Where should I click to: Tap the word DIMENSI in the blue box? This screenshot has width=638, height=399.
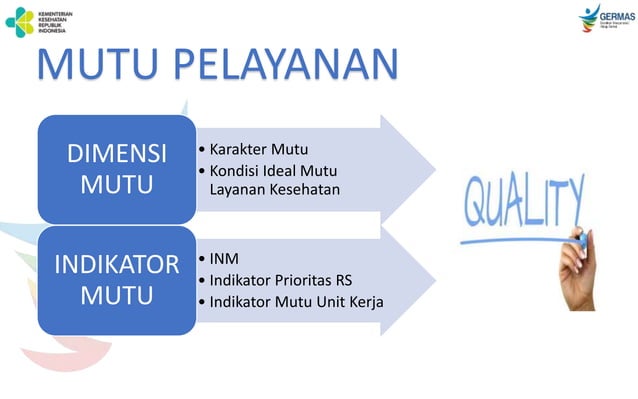pyautogui.click(x=116, y=155)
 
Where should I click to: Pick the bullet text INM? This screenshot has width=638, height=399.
pyautogui.click(x=224, y=259)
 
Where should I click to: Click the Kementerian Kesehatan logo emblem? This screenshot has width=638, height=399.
pyautogui.click(x=19, y=21)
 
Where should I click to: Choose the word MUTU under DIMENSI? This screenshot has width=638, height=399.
pyautogui.click(x=116, y=185)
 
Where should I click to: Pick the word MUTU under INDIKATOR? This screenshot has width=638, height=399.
pyautogui.click(x=116, y=297)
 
